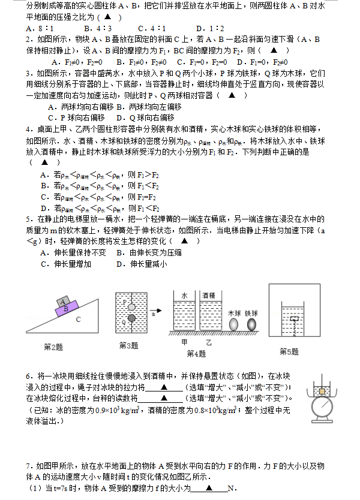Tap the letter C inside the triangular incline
78,320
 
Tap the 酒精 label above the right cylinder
209,296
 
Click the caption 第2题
54,346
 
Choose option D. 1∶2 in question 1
210,28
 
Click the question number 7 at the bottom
28,466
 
